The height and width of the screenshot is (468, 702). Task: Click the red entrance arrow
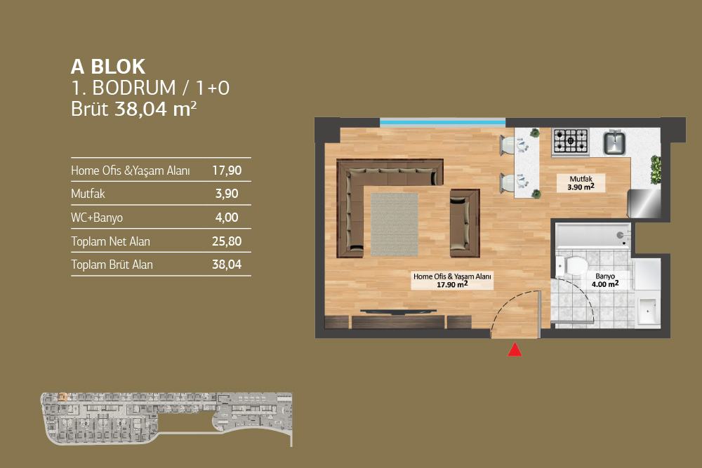click(515, 349)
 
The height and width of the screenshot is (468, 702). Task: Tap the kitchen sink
click(614, 142)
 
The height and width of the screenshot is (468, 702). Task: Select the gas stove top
click(570, 141)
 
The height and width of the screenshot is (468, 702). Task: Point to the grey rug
click(395, 224)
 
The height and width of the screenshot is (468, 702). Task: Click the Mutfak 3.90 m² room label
click(581, 183)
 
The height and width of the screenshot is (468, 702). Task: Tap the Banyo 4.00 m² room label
click(605, 281)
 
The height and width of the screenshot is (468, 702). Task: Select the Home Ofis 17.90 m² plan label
click(452, 281)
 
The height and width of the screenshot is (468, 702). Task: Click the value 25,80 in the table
click(227, 241)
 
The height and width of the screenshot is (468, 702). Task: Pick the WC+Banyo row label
click(97, 218)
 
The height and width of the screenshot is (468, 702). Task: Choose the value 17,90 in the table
click(227, 171)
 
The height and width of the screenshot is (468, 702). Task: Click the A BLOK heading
click(108, 67)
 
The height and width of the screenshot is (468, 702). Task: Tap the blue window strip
click(442, 121)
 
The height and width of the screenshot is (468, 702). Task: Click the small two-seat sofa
click(465, 223)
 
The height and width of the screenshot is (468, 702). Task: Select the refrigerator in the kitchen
click(644, 203)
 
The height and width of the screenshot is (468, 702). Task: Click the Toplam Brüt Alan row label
click(112, 265)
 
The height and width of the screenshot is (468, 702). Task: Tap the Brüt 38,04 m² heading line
click(134, 109)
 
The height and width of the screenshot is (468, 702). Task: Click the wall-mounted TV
click(398, 312)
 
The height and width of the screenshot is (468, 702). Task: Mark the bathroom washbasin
click(648, 312)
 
